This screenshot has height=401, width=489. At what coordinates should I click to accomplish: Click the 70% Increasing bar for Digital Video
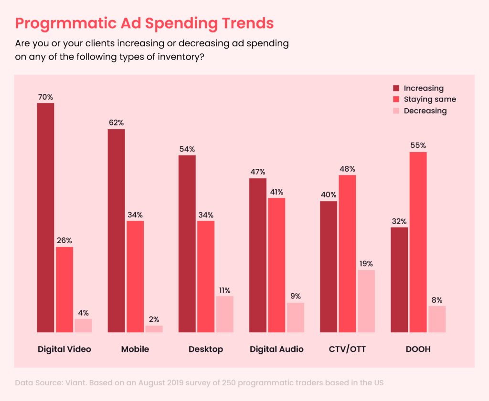coord(45,217)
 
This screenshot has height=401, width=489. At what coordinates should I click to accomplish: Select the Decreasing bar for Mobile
coord(154,329)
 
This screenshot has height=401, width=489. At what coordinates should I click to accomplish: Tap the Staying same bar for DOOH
coord(418,242)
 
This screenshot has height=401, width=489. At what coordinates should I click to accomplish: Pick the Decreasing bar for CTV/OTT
coord(366,301)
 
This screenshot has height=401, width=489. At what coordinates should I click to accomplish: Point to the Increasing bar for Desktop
coord(187,244)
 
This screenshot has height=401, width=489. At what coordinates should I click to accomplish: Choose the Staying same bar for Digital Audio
coord(276,265)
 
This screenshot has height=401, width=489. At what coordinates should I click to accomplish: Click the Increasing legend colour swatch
coord(396,88)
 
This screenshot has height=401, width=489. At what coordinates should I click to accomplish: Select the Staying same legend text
coord(430,99)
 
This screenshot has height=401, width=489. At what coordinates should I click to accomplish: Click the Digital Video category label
coord(64,349)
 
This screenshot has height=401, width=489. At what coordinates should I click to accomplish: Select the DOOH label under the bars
coord(418,349)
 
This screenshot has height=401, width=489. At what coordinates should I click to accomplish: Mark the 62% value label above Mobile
coord(116,123)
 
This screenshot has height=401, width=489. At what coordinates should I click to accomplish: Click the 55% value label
coord(418,145)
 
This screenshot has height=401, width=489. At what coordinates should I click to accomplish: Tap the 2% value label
coord(154,319)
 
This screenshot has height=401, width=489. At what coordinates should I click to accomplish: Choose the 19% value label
coord(366,264)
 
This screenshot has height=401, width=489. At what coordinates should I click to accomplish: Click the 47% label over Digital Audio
coord(257,172)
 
